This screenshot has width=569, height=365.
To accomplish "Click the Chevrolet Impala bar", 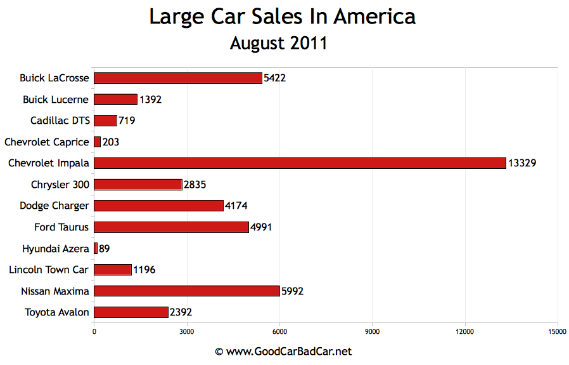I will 300,163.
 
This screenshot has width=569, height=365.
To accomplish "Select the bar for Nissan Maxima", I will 186,291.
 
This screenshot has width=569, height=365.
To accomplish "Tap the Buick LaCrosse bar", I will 177,78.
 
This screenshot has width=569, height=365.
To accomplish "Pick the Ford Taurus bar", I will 171,227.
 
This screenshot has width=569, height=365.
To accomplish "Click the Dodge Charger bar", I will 158,206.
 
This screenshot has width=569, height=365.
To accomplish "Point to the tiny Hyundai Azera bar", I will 96,248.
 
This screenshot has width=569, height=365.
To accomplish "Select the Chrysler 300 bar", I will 137,185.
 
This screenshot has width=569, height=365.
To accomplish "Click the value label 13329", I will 522,164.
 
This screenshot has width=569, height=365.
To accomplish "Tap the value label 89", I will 105,249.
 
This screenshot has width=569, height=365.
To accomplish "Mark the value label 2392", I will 181,312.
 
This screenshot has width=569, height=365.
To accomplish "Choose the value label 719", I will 127,121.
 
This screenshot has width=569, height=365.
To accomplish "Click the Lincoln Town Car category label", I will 49,270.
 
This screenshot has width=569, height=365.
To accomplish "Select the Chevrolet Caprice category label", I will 47,142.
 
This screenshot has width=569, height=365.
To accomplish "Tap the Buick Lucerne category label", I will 56,100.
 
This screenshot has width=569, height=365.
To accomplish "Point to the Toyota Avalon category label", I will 57,312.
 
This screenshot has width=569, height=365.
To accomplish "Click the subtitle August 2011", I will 278,43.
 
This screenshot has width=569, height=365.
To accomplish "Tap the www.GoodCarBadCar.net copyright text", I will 283,351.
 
